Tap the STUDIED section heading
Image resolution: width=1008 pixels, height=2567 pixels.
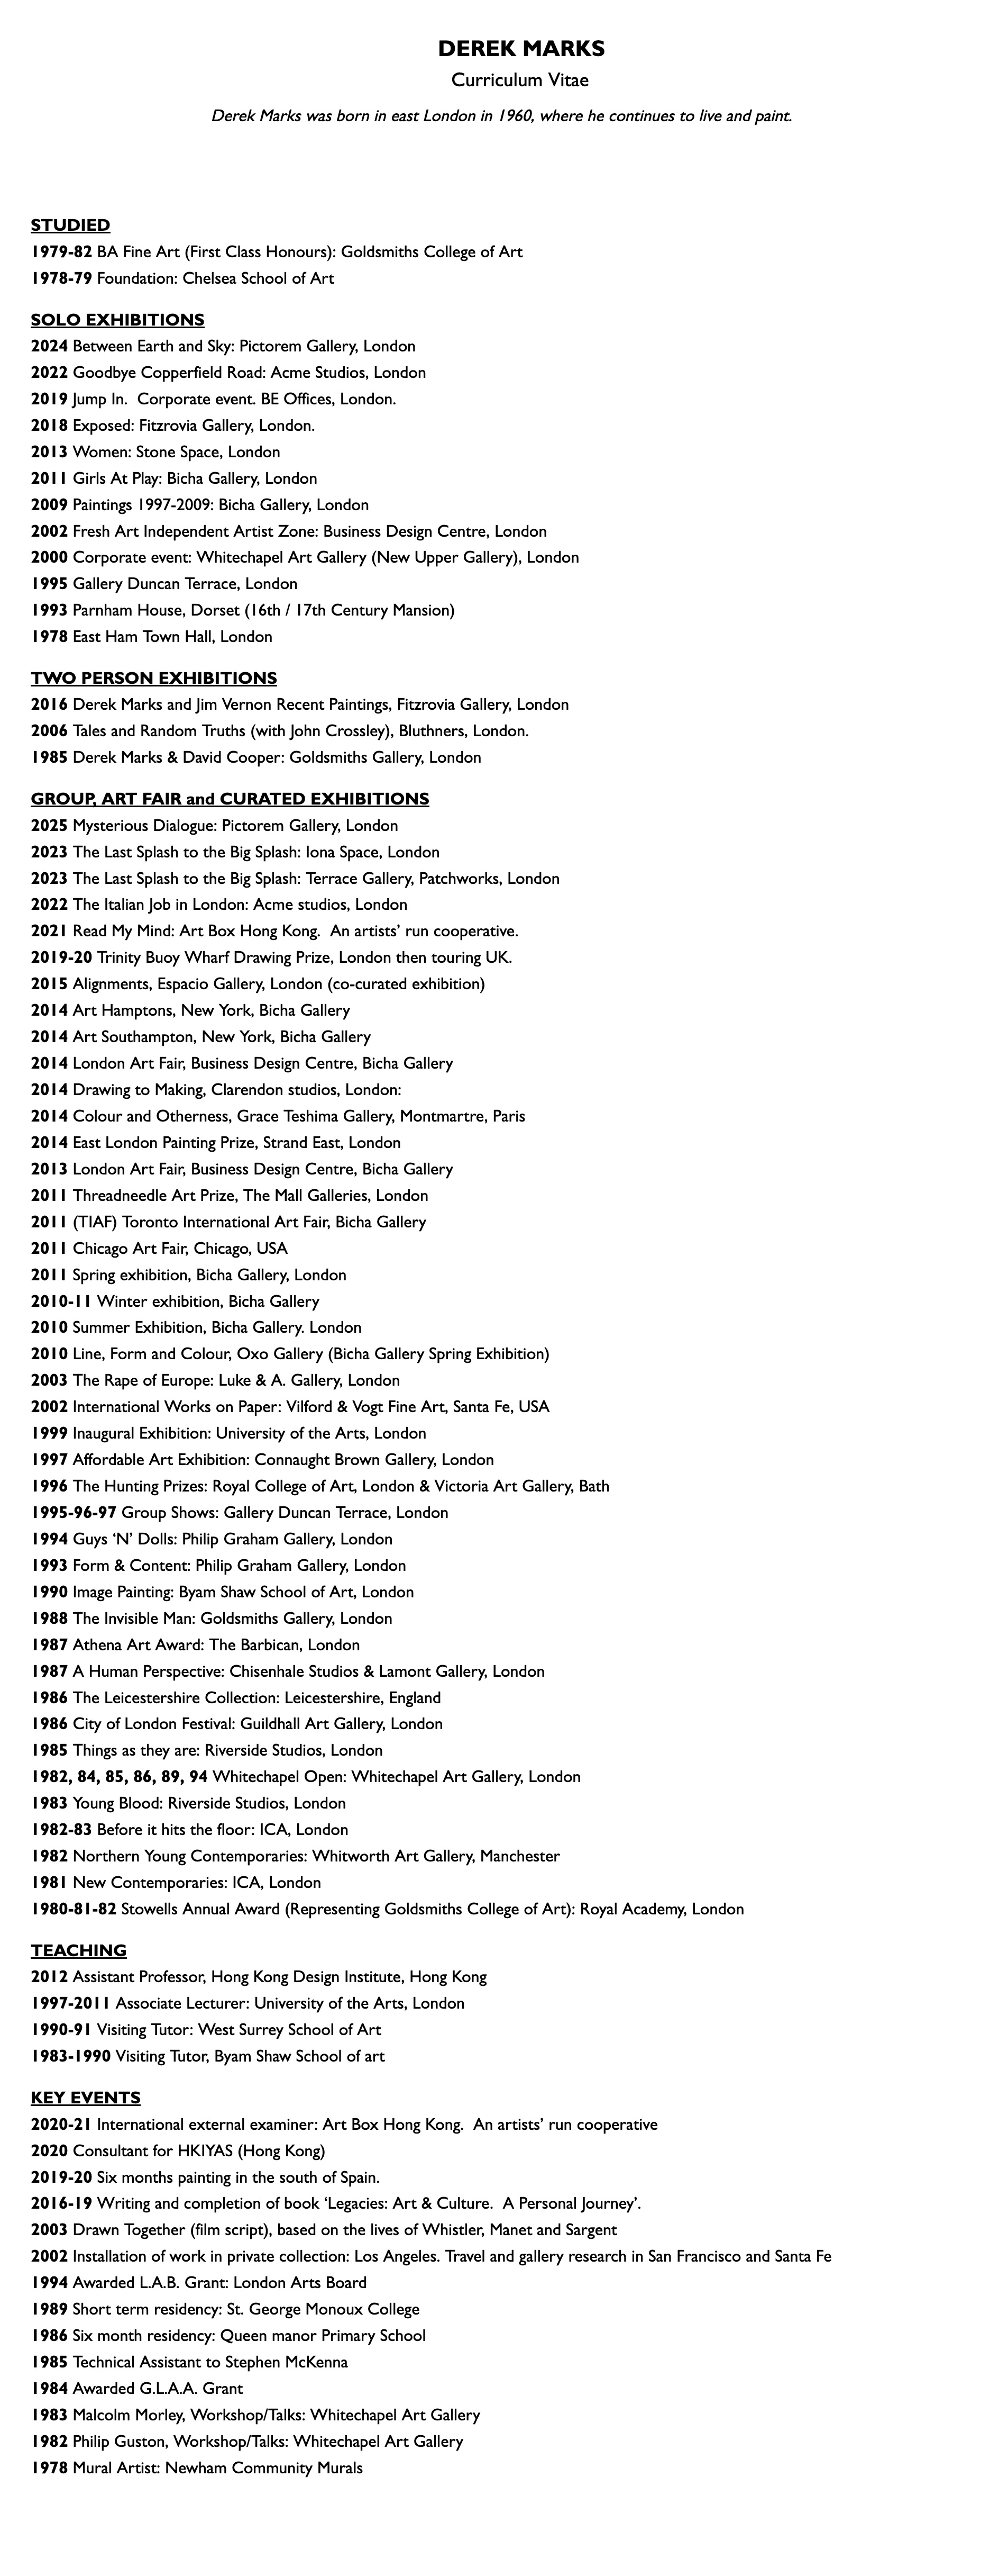click(70, 225)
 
